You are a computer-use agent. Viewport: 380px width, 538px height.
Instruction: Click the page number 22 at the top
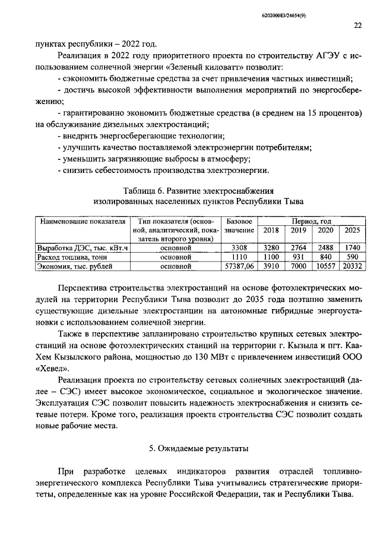click(357, 25)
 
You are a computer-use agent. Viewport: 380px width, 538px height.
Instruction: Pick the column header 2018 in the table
click(271, 229)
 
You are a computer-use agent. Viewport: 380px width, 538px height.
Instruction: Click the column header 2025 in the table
click(352, 229)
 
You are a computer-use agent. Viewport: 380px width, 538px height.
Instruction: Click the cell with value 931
click(299, 256)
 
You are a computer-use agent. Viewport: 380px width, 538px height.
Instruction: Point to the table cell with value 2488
click(325, 247)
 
